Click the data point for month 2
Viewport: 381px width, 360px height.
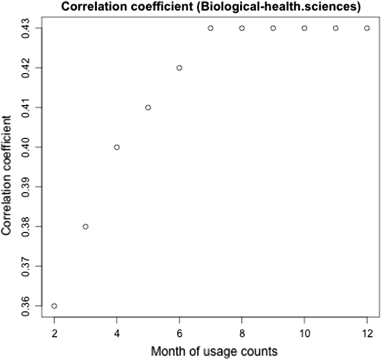(x=54, y=306)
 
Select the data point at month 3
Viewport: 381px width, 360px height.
(x=85, y=226)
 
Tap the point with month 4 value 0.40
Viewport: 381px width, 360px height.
(x=117, y=147)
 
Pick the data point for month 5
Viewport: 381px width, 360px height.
(x=148, y=107)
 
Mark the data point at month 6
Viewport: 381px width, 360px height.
(x=179, y=68)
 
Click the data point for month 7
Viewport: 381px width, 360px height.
(x=210, y=28)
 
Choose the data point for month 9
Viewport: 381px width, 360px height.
(x=273, y=28)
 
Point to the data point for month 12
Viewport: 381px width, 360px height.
(x=367, y=28)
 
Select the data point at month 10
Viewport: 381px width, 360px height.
(x=304, y=28)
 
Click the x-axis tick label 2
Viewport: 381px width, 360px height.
(x=54, y=333)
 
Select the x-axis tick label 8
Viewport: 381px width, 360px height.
(x=242, y=333)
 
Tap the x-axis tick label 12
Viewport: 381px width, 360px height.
(x=367, y=333)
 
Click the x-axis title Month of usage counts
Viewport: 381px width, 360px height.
(x=210, y=352)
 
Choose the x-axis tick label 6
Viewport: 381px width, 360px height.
(x=179, y=333)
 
